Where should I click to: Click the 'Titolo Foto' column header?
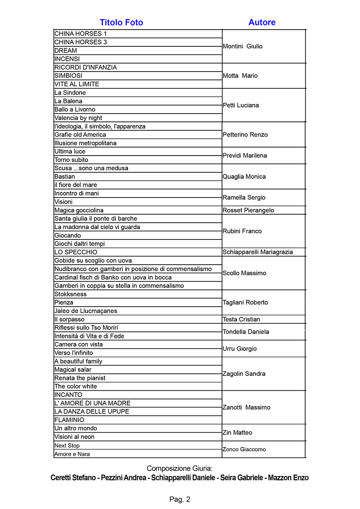pyautogui.click(x=121, y=22)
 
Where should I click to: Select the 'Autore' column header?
pyautogui.click(x=262, y=22)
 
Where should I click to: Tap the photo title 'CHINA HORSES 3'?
pyautogui.click(x=80, y=42)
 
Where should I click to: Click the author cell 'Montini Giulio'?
pyautogui.click(x=242, y=46)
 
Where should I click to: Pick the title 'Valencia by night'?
pyautogui.click(x=78, y=118)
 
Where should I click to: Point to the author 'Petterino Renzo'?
pyautogui.click(x=245, y=135)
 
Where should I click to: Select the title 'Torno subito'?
pyautogui.click(x=71, y=160)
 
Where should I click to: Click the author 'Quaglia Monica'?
pyautogui.click(x=244, y=177)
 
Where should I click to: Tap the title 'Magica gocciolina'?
pyautogui.click(x=79, y=210)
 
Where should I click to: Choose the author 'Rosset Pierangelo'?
pyautogui.click(x=248, y=210)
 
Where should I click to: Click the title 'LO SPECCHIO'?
pyautogui.click(x=76, y=252)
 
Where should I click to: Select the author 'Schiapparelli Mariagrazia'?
pyautogui.click(x=258, y=252)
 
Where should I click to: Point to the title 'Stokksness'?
pyautogui.click(x=70, y=294)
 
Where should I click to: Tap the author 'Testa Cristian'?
pyautogui.click(x=241, y=319)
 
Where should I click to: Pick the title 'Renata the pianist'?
pyautogui.click(x=80, y=378)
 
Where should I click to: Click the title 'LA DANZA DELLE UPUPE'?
pyautogui.click(x=92, y=412)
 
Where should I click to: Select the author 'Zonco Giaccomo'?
pyautogui.click(x=244, y=449)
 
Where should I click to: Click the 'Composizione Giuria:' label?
pyautogui.click(x=179, y=469)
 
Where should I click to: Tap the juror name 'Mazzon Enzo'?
pyautogui.click(x=288, y=478)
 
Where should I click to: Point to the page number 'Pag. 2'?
pyautogui.click(x=180, y=499)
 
